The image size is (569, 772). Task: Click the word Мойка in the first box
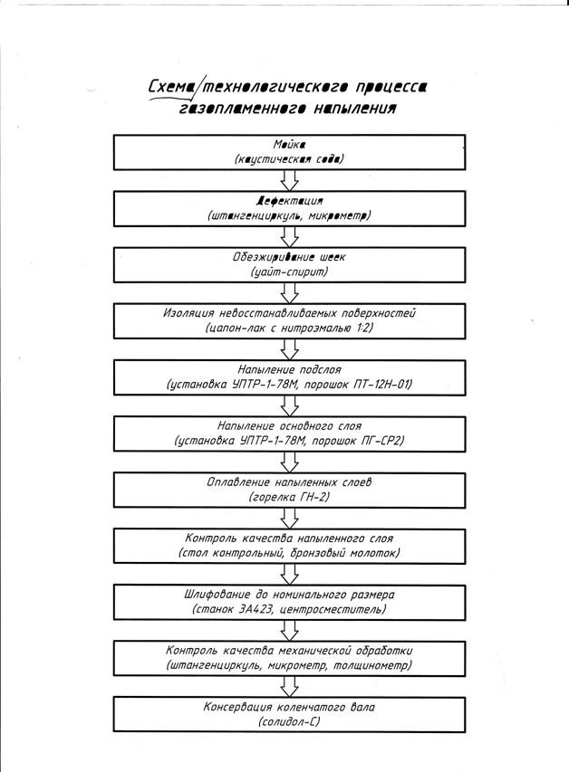pos(289,145)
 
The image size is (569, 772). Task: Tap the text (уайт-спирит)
pos(289,272)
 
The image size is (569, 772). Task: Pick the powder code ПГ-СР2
pos(372,441)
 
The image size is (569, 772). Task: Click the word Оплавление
pos(236,482)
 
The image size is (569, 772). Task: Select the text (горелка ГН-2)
pos(289,498)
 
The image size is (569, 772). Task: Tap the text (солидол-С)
pos(289,722)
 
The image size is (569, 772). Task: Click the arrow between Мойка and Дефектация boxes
pos(290,179)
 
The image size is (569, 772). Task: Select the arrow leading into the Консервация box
pos(290,685)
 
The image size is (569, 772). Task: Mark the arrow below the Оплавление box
pos(290,518)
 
